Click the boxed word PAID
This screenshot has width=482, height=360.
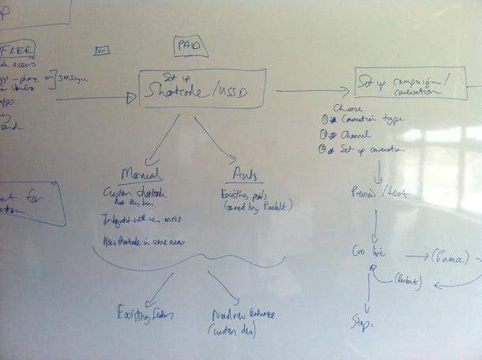pyautogui.click(x=190, y=46)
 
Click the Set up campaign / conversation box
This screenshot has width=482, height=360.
pyautogui.click(x=406, y=84)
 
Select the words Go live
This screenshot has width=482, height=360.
pyautogui.click(x=367, y=252)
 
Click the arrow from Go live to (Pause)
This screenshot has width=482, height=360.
pyautogui.click(x=412, y=257)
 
